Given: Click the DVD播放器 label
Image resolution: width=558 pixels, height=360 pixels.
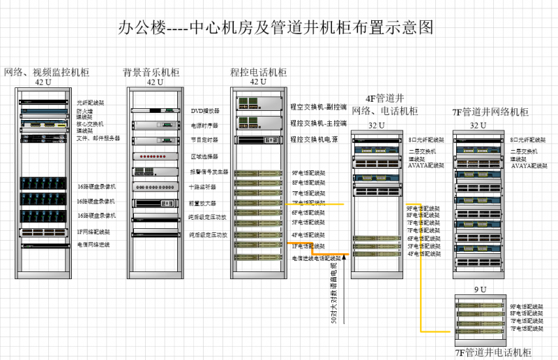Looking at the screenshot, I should point(204,111).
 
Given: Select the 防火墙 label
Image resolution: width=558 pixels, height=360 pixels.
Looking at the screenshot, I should point(84,111).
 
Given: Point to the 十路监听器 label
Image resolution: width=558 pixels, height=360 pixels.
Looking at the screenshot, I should point(202,187).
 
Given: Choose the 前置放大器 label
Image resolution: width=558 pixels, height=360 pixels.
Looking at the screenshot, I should point(202,203).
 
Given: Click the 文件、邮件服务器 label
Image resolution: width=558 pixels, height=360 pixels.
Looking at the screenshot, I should point(98,138).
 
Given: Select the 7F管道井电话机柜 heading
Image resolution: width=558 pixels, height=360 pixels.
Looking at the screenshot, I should point(492,352).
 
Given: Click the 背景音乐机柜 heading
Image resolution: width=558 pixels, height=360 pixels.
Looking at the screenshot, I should point(151,73).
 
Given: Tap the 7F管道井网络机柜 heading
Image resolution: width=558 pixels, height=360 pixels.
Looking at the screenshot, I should point(490,112).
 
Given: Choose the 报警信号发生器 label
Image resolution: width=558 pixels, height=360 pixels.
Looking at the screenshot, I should point(208,172).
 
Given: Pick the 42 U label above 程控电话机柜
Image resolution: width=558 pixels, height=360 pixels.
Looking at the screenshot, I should point(258,82).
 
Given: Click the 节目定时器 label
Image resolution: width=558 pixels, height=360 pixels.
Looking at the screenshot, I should point(204,140).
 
